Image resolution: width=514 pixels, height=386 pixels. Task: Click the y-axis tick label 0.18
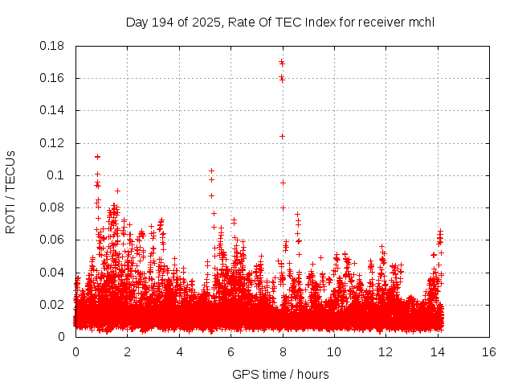pyautogui.click(x=52, y=46)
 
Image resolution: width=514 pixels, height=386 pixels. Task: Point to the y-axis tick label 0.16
pyautogui.click(x=52, y=78)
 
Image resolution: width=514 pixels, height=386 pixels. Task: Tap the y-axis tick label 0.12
pyautogui.click(x=52, y=143)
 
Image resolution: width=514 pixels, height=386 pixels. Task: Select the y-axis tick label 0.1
pyautogui.click(x=55, y=175)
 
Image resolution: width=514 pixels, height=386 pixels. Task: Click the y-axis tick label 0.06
pyautogui.click(x=52, y=240)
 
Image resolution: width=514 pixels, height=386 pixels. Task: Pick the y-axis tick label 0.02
pyautogui.click(x=52, y=305)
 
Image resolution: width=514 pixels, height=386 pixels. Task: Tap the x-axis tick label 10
pyautogui.click(x=334, y=351)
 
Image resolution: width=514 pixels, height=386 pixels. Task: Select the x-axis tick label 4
pyautogui.click(x=179, y=351)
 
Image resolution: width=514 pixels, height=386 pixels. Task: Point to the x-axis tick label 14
pyautogui.click(x=437, y=351)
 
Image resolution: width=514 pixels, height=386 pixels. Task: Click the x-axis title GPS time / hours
pyautogui.click(x=280, y=374)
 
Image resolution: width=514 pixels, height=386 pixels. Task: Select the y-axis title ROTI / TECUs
pyautogui.click(x=11, y=191)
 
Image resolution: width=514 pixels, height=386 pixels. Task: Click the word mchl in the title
pyautogui.click(x=421, y=22)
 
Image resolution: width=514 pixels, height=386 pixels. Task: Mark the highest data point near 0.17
pyautogui.click(x=282, y=62)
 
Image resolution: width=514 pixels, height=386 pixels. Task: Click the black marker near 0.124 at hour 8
pyautogui.click(x=283, y=136)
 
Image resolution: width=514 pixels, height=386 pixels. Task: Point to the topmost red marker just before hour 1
pyautogui.click(x=97, y=157)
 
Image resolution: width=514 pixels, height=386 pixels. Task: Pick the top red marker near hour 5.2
pyautogui.click(x=211, y=170)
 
